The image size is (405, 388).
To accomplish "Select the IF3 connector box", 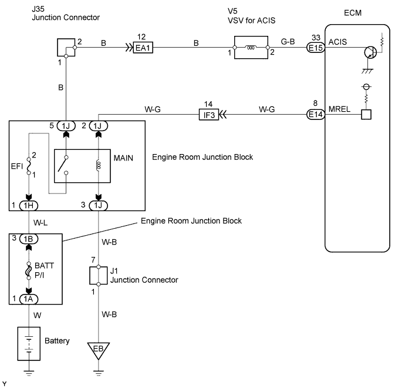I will click(210, 115).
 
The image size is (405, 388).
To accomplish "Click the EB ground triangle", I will click(98, 351).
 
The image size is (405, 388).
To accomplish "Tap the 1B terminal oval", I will click(29, 239).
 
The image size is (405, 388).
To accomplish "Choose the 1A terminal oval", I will click(29, 299).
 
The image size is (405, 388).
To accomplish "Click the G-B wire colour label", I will click(288, 42).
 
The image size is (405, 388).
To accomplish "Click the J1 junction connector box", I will click(98, 275).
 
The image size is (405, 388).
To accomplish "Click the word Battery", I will click(58, 342).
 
